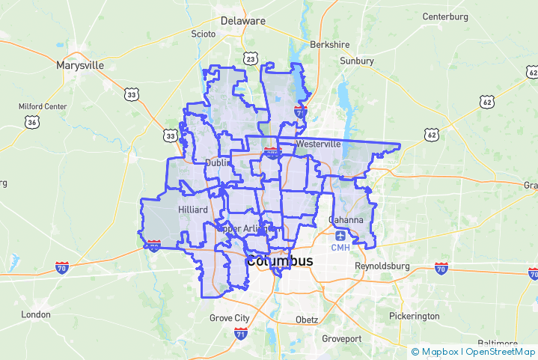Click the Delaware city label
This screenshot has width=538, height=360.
tap(242, 21)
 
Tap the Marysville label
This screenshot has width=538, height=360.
tap(80, 65)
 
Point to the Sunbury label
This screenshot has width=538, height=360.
tap(356, 61)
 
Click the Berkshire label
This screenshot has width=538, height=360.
tap(330, 44)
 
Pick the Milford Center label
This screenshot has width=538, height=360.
tap(43, 106)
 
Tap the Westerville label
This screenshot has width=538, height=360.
tap(318, 143)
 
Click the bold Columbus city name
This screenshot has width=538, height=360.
tap(280, 261)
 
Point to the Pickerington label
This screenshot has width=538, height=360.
tap(415, 316)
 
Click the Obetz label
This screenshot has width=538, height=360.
tap(306, 320)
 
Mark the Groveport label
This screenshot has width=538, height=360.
tap(341, 338)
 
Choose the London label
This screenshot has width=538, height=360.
tap(35, 315)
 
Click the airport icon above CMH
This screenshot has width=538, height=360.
tap(340, 235)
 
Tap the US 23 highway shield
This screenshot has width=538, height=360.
tap(250, 58)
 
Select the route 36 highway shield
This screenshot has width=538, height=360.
tap(31, 122)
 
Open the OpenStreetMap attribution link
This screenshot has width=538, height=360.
tap(499, 351)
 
